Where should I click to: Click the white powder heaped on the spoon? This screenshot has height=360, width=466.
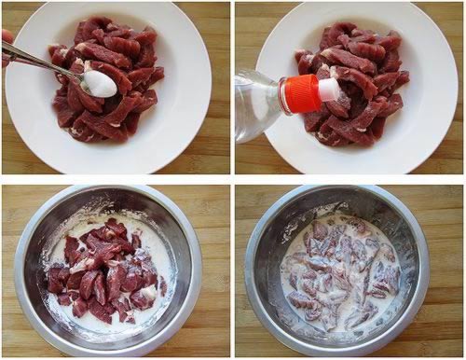pos(99,84)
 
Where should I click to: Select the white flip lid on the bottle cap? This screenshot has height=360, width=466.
pos(328,90)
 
